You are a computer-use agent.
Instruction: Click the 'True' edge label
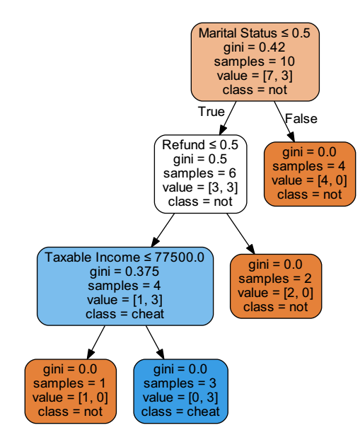point(211,112)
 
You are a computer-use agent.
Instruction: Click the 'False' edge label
point(301,118)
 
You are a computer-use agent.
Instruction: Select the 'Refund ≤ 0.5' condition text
point(199,145)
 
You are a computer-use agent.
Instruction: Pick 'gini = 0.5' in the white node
point(199,159)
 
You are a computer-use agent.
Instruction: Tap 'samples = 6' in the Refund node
point(199,173)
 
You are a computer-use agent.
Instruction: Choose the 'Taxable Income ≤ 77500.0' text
point(124,257)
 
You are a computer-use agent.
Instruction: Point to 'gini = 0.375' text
point(124,271)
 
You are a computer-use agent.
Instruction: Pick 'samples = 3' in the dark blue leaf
point(181,383)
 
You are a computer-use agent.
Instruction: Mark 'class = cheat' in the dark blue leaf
point(181,411)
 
